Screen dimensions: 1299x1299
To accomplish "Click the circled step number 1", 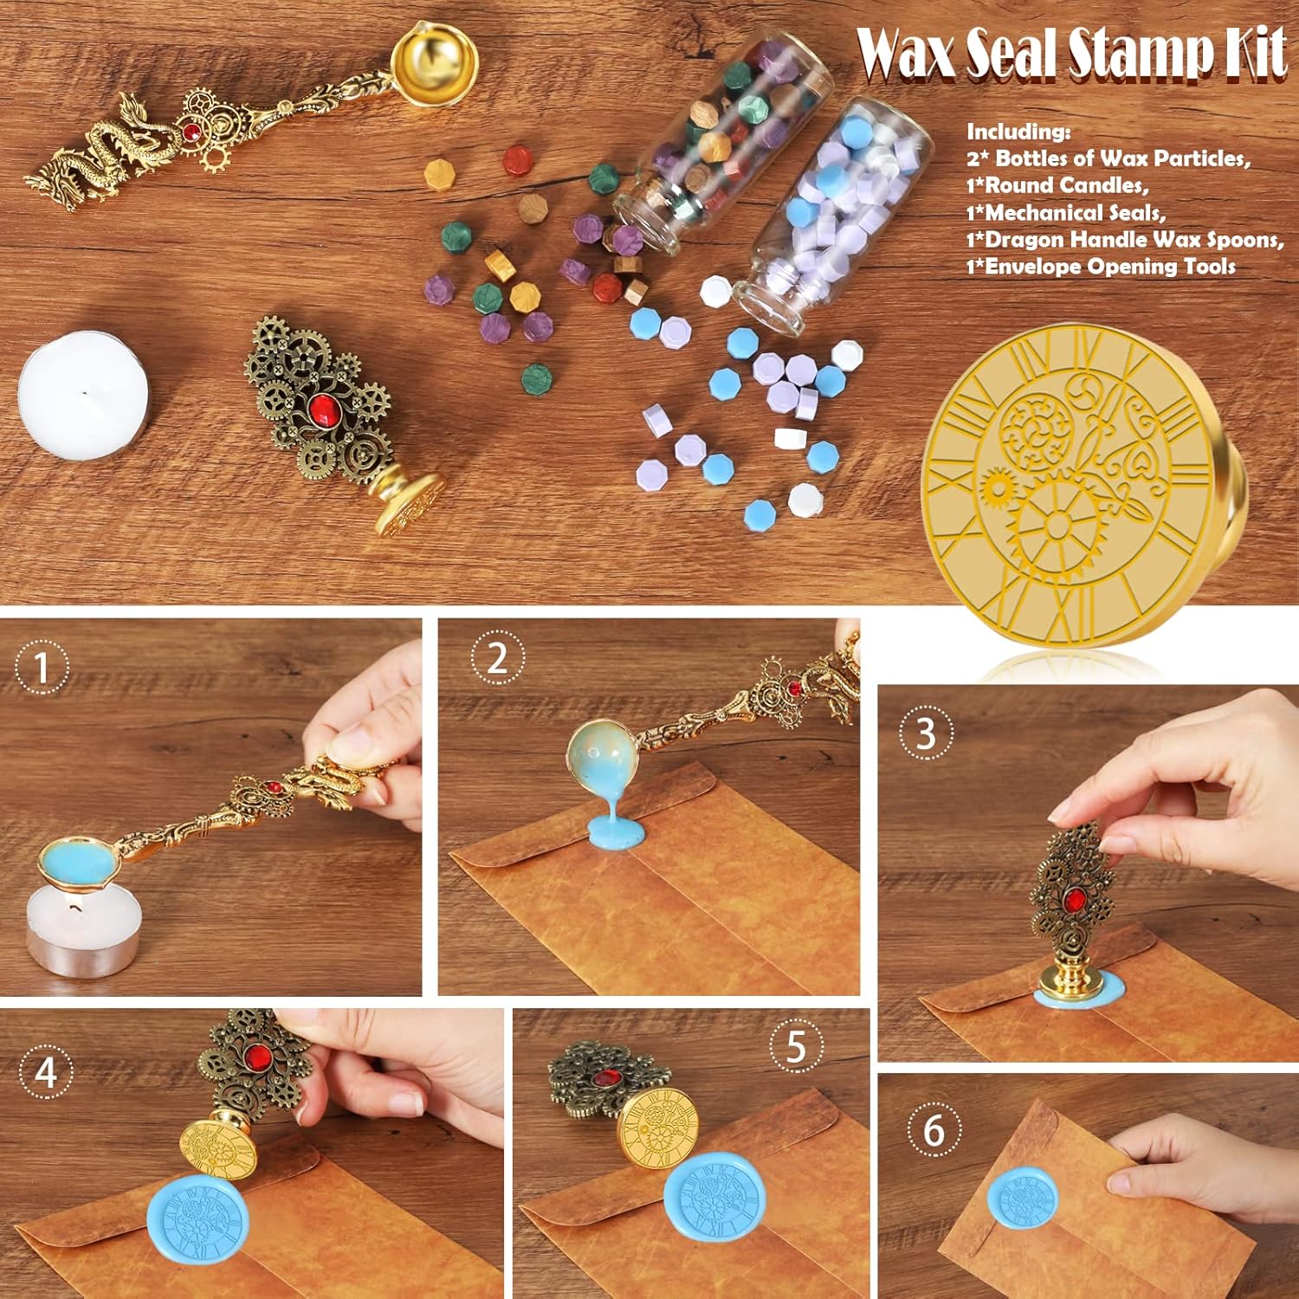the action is (42, 668).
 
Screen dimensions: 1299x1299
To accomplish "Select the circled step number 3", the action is (926, 733).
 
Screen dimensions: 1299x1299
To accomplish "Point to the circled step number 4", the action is (46, 1072).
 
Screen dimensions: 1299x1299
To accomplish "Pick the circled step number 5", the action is (797, 1046).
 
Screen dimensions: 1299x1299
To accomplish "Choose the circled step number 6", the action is (934, 1131).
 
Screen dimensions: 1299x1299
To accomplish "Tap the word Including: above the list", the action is (1018, 132).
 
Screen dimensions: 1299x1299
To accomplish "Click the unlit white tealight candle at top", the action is (83, 395).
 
